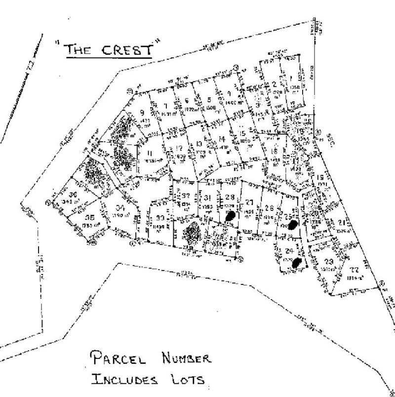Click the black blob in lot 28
click(230, 215)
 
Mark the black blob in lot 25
click(293, 225)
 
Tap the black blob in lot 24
click(296, 263)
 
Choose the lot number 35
click(89, 218)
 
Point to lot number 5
click(209, 98)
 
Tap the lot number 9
click(143, 112)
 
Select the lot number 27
click(249, 201)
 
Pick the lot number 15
click(242, 134)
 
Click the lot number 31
click(206, 198)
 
